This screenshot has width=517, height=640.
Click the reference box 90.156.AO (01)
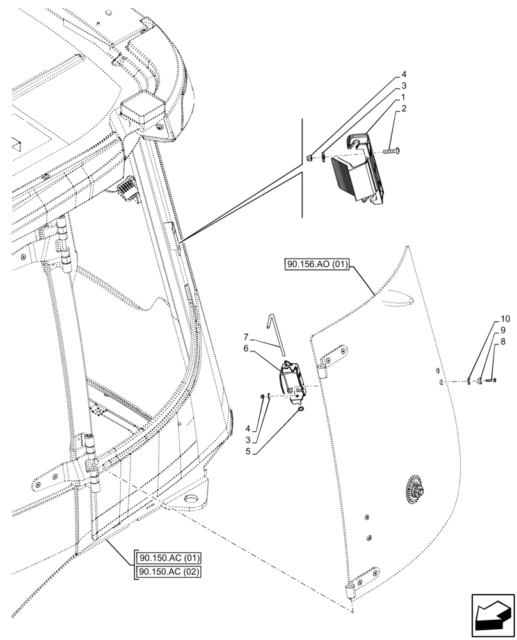[x=314, y=266]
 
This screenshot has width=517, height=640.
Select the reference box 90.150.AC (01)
[x=168, y=557]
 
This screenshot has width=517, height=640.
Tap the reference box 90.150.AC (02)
[x=168, y=571]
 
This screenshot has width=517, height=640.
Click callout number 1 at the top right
[x=403, y=97]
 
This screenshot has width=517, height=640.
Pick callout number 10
[x=505, y=319]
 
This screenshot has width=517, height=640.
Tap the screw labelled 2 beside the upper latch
[x=391, y=152]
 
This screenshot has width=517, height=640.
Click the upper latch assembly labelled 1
[x=358, y=168]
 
